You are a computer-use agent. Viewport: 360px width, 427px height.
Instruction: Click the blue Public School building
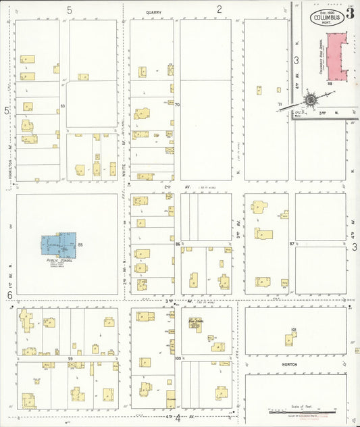[x=59, y=245]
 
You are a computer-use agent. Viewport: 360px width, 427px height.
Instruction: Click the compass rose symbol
[x=311, y=100]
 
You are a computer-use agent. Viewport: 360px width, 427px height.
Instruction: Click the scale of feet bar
[x=303, y=410]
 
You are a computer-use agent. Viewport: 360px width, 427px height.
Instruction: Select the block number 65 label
[x=62, y=106]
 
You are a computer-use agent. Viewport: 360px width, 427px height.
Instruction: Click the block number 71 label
[x=279, y=103]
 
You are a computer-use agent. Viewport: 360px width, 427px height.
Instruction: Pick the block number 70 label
[x=177, y=105]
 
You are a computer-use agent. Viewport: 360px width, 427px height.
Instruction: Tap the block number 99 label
[x=70, y=359]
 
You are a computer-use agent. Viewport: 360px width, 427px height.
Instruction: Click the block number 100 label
[x=178, y=359]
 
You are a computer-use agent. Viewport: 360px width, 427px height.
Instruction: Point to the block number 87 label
[x=292, y=243]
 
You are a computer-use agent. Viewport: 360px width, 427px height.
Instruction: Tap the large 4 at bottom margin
[x=178, y=418]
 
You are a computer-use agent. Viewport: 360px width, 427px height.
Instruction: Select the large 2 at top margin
[x=220, y=9]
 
